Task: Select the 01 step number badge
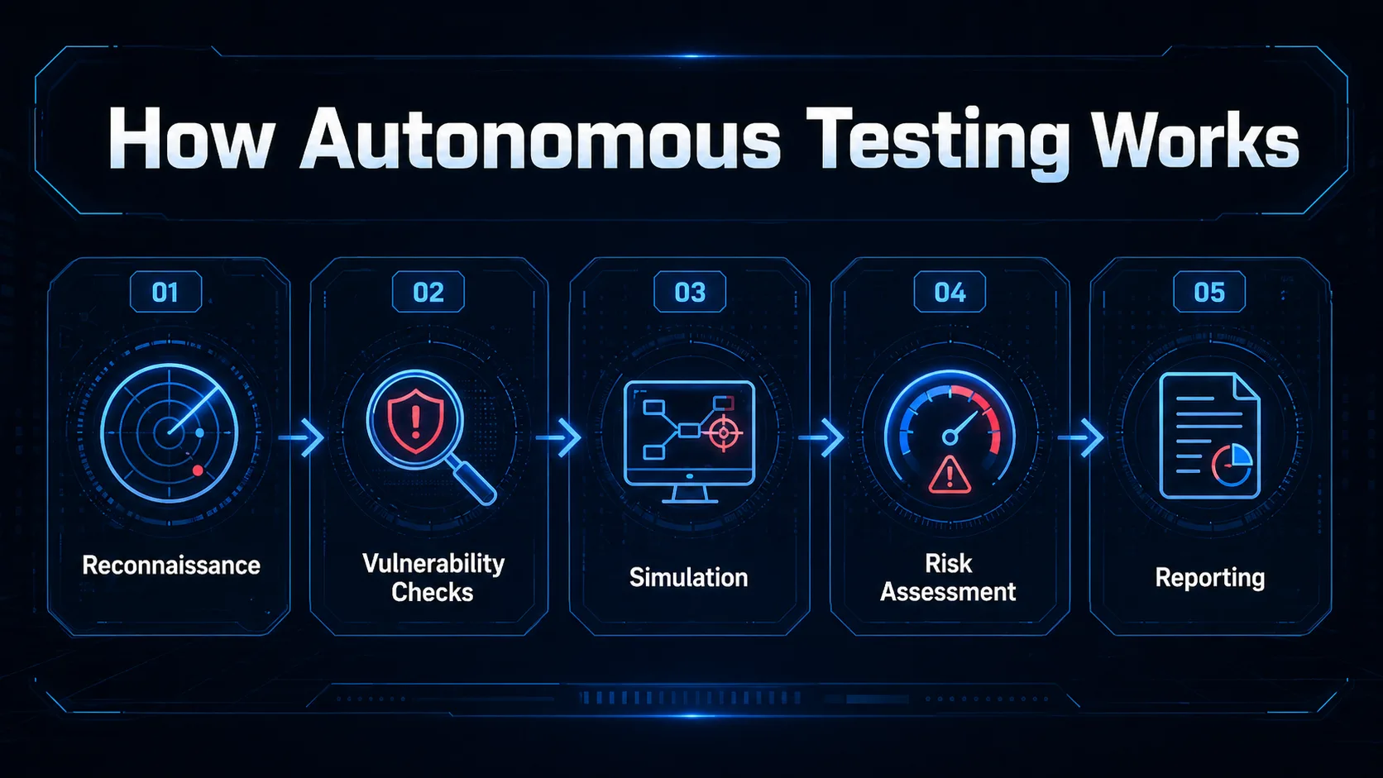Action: (x=165, y=292)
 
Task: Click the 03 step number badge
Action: (x=690, y=292)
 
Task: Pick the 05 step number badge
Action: (x=1209, y=292)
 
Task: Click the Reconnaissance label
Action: (x=171, y=566)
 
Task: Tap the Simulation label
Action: (x=688, y=577)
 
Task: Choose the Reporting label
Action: (x=1209, y=578)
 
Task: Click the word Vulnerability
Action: (x=433, y=564)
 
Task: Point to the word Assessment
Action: (x=948, y=592)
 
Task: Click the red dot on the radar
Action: (x=198, y=470)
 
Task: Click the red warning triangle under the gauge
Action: (x=950, y=475)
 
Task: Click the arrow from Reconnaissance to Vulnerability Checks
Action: (x=301, y=437)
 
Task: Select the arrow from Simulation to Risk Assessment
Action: (x=821, y=437)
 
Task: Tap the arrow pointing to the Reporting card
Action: (x=1080, y=437)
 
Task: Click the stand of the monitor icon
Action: (x=690, y=494)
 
